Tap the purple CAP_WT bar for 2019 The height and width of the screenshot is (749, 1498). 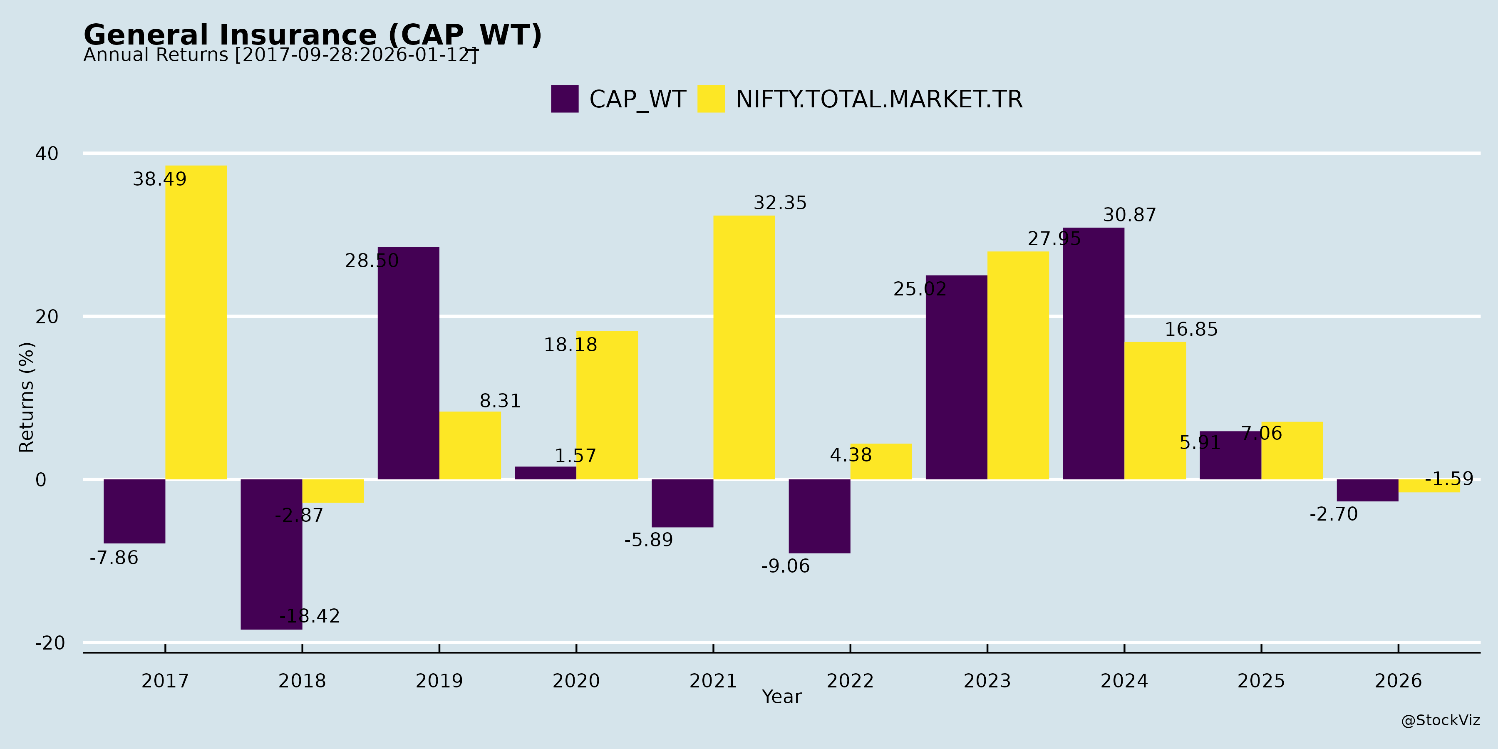408,363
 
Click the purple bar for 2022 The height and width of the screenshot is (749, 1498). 819,516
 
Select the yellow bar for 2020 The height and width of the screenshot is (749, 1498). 607,405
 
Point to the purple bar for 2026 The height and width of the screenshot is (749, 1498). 1367,490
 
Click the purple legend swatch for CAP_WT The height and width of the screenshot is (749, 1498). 565,99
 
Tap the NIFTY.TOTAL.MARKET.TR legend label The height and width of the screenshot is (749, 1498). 879,99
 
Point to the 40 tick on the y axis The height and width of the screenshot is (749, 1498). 47,154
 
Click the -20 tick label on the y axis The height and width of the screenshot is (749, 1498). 50,643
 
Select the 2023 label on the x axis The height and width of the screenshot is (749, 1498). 987,681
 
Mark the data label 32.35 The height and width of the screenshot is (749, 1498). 780,203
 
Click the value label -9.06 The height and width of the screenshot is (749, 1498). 785,566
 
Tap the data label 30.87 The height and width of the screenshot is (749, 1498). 1129,215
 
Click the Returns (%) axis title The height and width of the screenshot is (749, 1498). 27,397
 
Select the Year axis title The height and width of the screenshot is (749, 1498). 781,697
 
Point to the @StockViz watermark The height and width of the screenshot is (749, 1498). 1441,721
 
